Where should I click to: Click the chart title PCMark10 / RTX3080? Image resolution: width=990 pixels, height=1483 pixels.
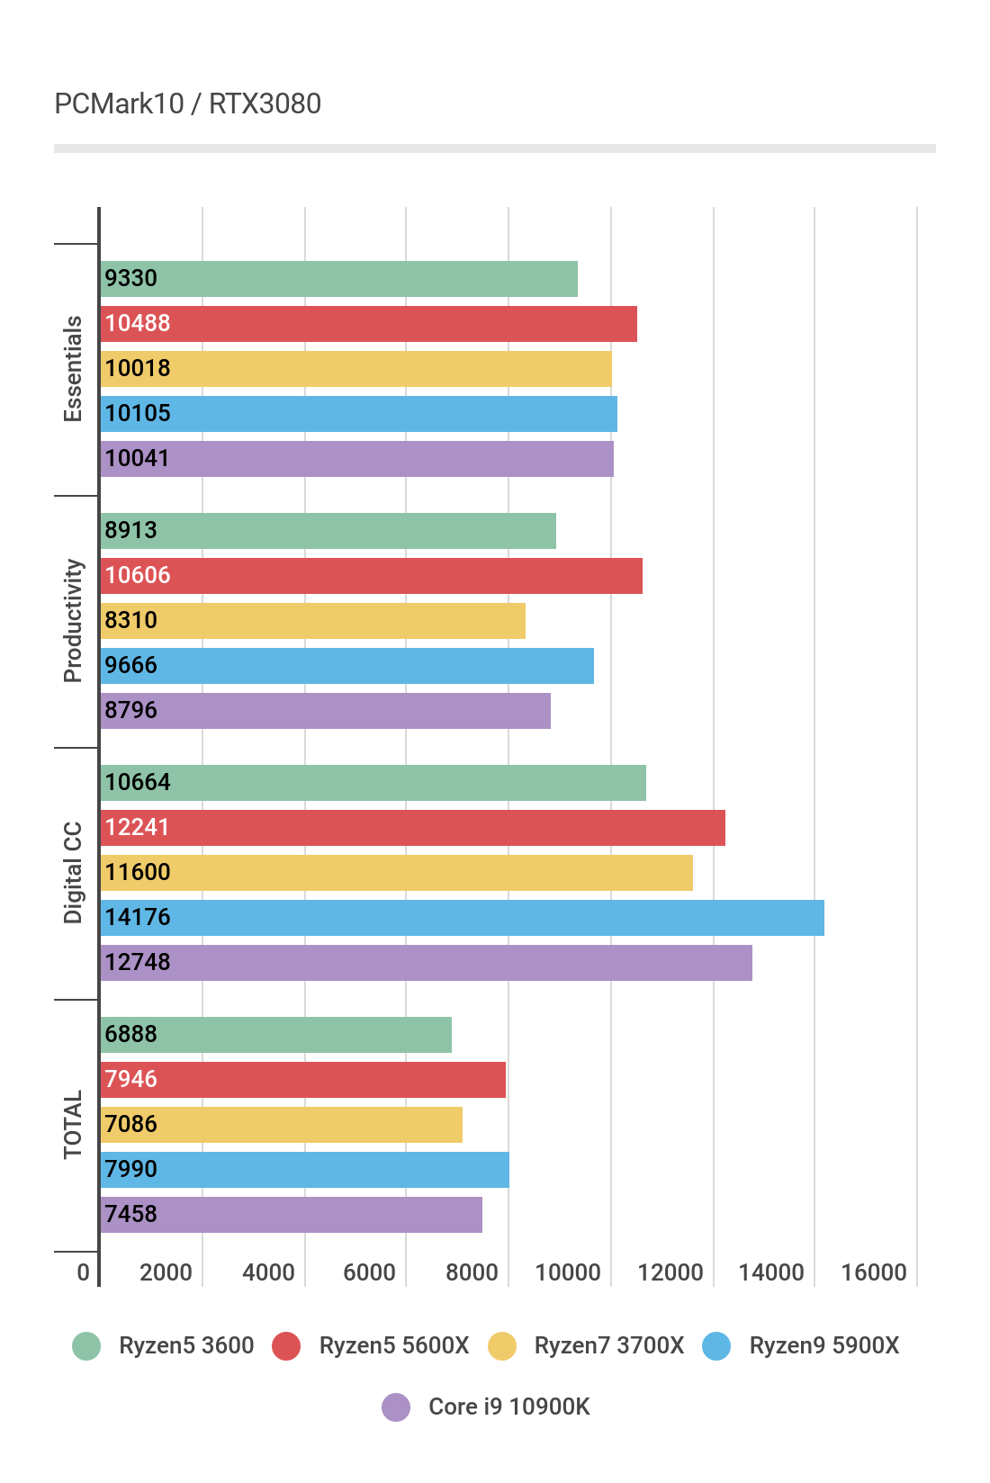187,104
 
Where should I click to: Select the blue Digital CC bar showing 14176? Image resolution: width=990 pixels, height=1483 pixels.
462,918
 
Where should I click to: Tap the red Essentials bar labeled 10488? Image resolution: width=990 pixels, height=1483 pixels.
369,324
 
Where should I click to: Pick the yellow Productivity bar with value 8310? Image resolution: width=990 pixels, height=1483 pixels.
313,621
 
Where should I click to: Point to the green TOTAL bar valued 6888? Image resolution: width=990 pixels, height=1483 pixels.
276,1035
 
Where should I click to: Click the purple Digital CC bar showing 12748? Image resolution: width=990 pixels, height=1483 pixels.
426,963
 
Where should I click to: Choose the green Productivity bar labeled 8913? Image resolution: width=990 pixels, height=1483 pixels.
328,531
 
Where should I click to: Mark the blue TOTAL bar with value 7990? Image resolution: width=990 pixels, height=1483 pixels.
305,1170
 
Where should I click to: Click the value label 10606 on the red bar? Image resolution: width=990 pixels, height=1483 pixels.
138,576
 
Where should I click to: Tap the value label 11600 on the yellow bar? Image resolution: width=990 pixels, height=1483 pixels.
138,873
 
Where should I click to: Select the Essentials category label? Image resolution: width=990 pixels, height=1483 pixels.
73,369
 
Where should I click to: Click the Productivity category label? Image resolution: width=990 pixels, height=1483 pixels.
73,621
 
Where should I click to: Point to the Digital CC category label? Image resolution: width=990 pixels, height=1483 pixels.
73,873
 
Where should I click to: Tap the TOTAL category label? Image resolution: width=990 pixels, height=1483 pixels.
73,1125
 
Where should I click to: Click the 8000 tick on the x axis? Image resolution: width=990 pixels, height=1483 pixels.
472,1272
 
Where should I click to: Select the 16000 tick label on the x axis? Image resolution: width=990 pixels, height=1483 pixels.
874,1272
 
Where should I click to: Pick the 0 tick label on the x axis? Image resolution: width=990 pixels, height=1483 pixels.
84,1272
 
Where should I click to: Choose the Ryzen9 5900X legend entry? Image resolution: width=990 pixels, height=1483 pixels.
823,1345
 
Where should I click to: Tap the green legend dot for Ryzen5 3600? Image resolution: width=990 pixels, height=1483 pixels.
86,1346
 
